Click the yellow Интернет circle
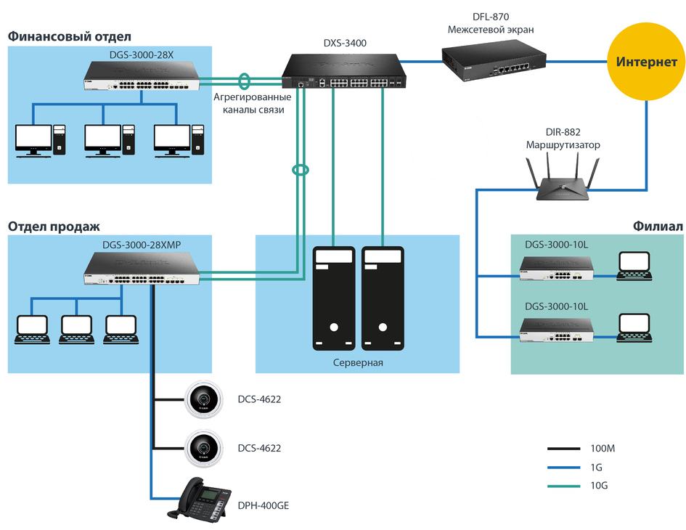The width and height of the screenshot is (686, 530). point(646,62)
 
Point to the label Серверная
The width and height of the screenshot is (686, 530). point(357,363)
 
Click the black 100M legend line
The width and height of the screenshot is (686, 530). point(562,448)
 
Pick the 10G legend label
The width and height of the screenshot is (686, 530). point(599,484)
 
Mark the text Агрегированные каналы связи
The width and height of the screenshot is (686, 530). point(252,103)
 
